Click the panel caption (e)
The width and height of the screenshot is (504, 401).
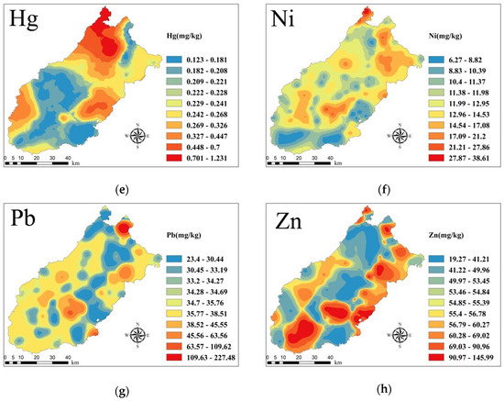point(122,190)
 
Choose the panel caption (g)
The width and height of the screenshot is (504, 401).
point(122,391)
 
